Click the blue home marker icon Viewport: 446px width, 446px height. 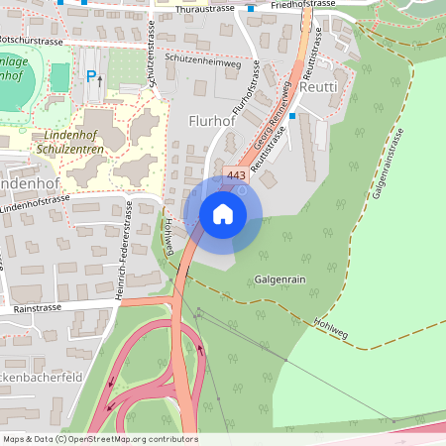point(223,213)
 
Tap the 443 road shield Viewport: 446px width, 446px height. point(236,175)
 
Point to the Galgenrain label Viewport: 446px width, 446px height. point(279,280)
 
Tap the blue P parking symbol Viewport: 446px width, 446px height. point(91,76)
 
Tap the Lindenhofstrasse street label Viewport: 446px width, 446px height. point(50,204)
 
